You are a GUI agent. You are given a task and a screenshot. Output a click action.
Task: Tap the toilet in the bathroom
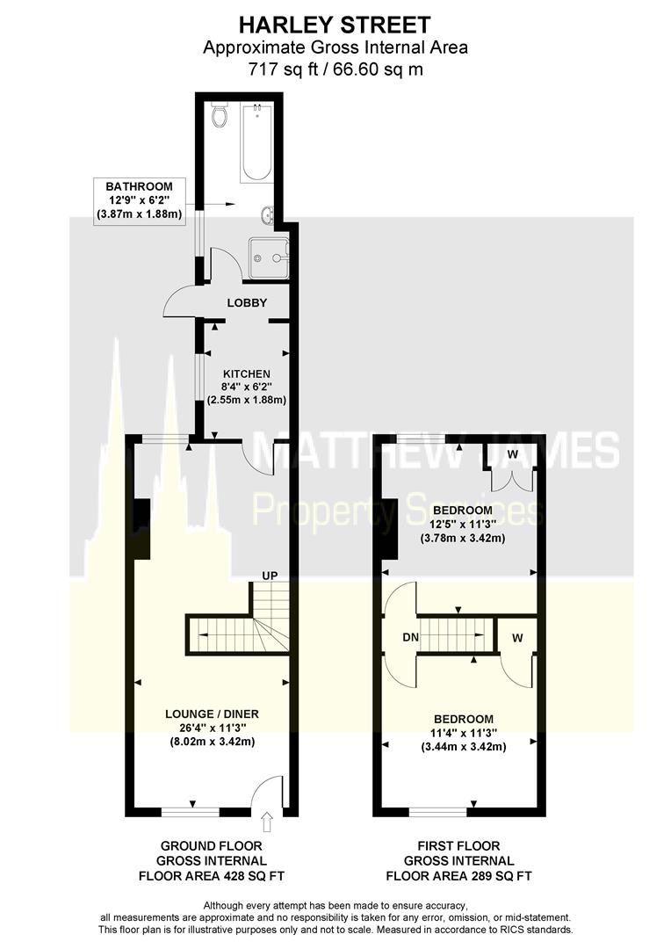click(220, 115)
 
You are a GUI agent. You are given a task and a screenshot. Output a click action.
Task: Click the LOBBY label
click(247, 303)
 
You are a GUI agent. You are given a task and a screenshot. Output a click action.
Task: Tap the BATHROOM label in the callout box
click(140, 186)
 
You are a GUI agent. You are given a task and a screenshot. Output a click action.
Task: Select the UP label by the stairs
click(269, 576)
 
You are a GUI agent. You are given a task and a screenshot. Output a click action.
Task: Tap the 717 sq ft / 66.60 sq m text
click(335, 67)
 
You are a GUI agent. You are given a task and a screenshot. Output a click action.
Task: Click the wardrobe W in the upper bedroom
click(512, 454)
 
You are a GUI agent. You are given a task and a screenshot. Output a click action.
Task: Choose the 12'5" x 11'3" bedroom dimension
click(462, 525)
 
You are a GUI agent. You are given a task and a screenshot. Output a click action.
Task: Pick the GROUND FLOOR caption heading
click(211, 845)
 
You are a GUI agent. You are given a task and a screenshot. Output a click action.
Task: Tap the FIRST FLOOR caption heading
click(458, 845)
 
